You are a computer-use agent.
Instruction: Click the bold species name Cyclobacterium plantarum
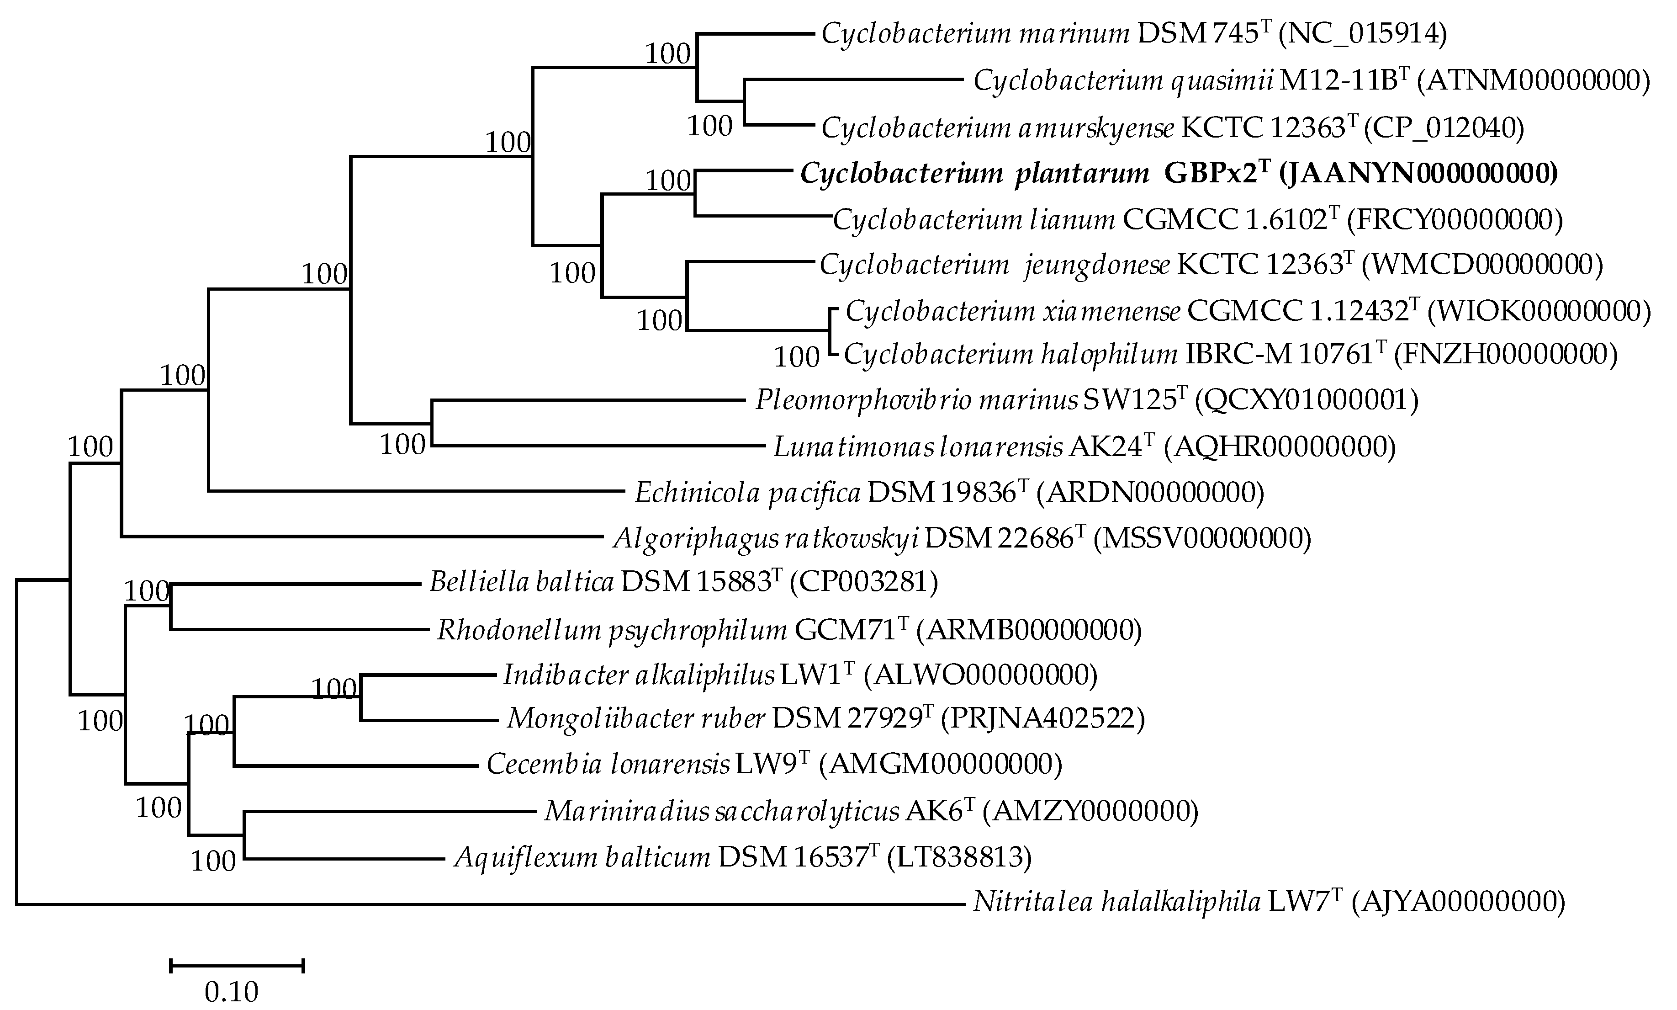tap(974, 174)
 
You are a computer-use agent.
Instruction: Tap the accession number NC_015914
tap(1363, 33)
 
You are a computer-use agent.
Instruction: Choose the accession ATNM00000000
tap(1534, 81)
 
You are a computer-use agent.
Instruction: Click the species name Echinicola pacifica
tap(747, 492)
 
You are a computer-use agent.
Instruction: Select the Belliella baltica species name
tap(521, 582)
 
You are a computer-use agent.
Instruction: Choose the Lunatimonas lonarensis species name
tap(918, 447)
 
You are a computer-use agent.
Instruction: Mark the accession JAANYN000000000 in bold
tap(1418, 174)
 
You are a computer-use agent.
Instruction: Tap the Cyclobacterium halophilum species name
tap(1010, 354)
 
